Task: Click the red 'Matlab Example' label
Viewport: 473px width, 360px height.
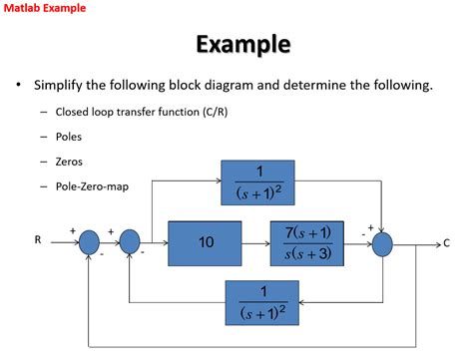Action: pyautogui.click(x=44, y=8)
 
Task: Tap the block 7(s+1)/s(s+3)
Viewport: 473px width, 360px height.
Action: pyautogui.click(x=306, y=242)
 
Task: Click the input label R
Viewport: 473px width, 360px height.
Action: pyautogui.click(x=38, y=240)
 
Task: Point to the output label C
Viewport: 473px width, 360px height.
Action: pyautogui.click(x=446, y=242)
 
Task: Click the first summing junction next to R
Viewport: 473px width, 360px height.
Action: pyautogui.click(x=89, y=242)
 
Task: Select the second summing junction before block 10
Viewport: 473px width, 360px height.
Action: pyautogui.click(x=130, y=242)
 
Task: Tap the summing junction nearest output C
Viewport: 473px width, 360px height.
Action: pyautogui.click(x=382, y=242)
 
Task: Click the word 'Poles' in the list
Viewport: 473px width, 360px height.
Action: pyautogui.click(x=69, y=136)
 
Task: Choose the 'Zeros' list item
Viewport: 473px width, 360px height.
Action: pyautogui.click(x=69, y=161)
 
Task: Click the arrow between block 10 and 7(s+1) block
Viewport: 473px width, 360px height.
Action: pyautogui.click(x=256, y=242)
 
